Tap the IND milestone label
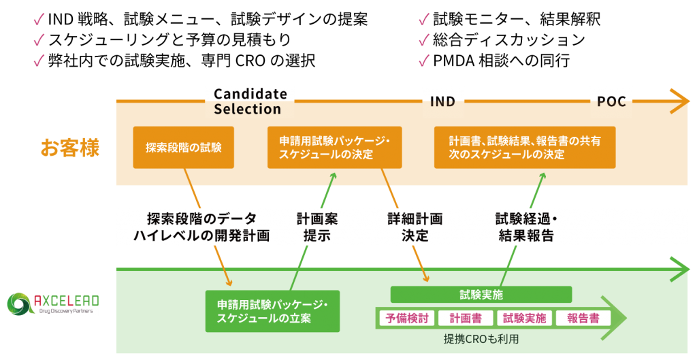click(x=442, y=102)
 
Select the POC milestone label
click(x=611, y=102)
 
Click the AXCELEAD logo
click(x=52, y=304)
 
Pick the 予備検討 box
click(x=406, y=318)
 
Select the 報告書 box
click(x=583, y=318)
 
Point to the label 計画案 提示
click(x=317, y=227)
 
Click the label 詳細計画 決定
click(x=415, y=227)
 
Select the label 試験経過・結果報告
click(x=525, y=227)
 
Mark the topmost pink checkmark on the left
click(x=39, y=19)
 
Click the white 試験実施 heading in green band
click(x=481, y=295)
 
